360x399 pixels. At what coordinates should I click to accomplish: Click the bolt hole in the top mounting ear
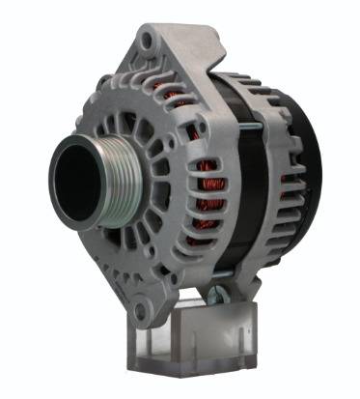point(145,41)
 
